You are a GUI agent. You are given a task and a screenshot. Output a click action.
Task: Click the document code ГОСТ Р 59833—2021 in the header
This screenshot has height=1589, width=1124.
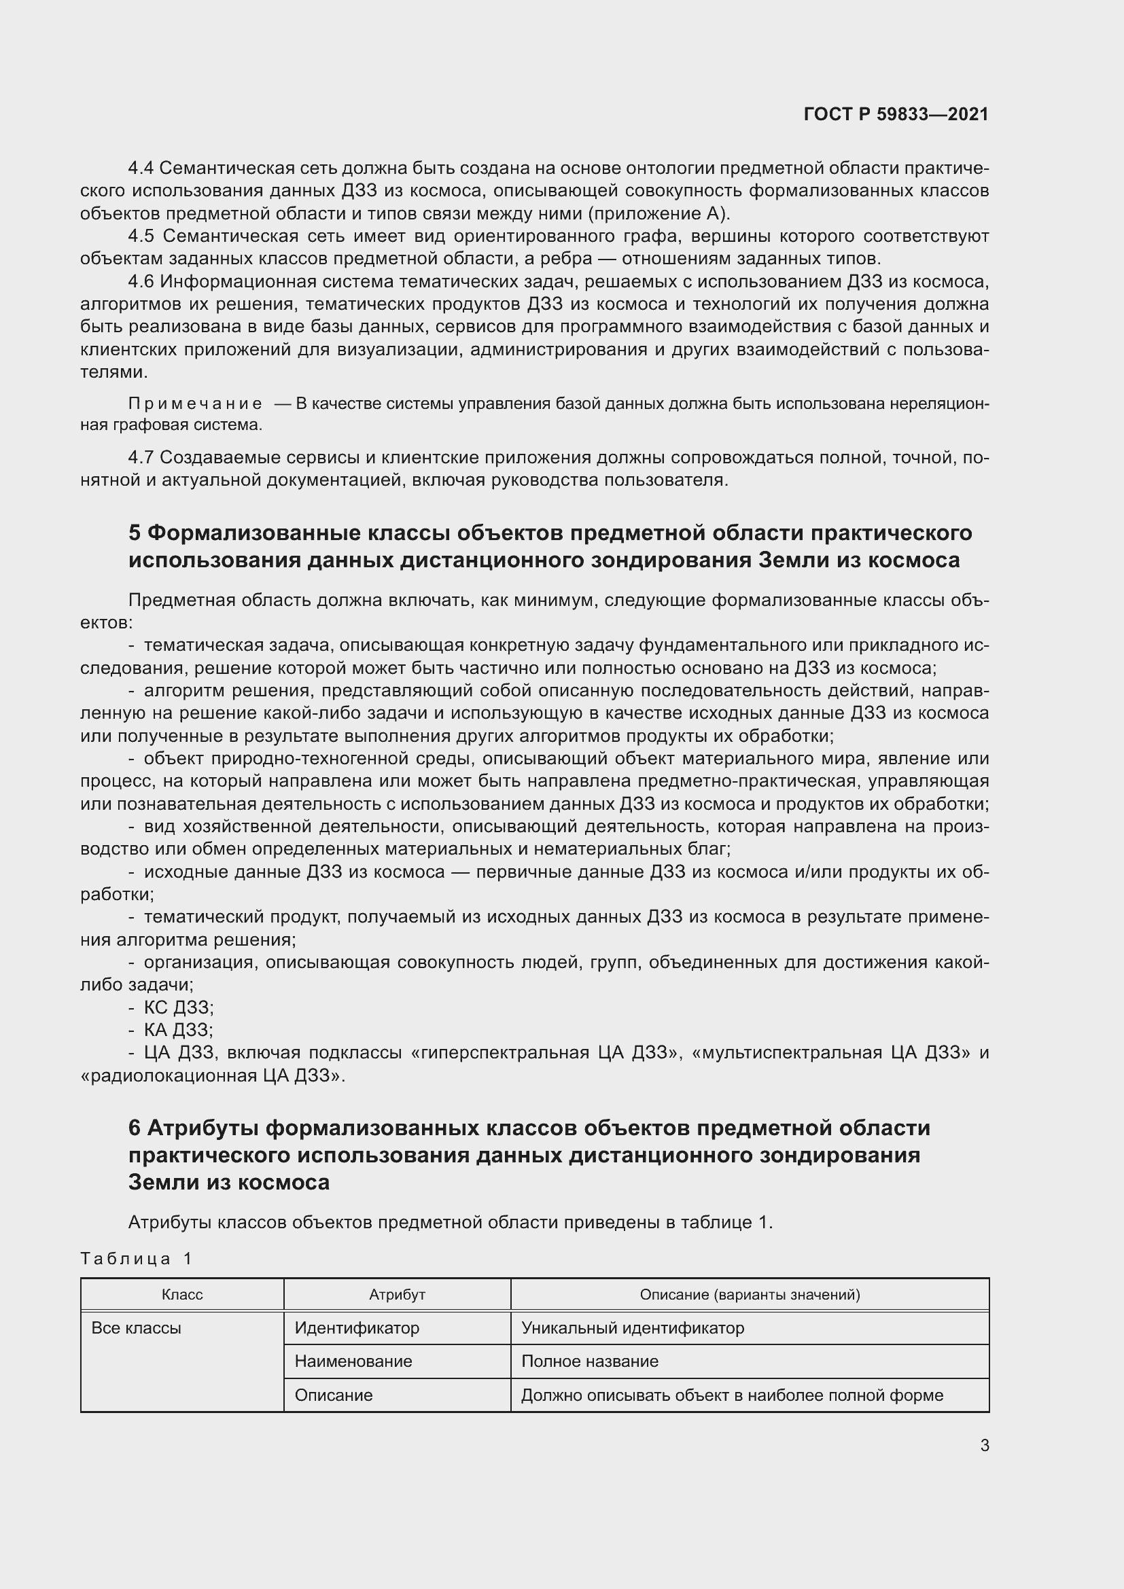click(x=896, y=114)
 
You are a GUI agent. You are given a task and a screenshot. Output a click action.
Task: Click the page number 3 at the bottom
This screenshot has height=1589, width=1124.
click(x=984, y=1446)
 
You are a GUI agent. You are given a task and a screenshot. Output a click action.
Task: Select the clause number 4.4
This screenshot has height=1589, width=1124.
click(x=141, y=168)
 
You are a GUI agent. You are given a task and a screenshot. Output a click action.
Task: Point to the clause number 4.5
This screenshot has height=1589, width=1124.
click(x=141, y=236)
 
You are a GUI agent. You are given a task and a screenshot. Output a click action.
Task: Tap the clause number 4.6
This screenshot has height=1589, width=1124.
click(x=141, y=282)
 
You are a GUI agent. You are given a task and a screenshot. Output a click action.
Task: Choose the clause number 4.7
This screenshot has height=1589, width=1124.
click(x=141, y=457)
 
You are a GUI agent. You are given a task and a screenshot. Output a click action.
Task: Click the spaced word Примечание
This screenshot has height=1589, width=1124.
click(x=195, y=404)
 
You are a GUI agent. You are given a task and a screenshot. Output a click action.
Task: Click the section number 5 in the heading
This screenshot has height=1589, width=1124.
click(x=135, y=533)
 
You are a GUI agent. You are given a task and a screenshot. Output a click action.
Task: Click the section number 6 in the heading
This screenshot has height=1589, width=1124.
click(x=135, y=1129)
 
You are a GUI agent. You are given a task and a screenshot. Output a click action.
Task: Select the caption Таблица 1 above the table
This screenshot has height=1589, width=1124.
click(x=136, y=1258)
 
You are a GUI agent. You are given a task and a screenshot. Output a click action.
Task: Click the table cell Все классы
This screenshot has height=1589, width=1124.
click(x=137, y=1328)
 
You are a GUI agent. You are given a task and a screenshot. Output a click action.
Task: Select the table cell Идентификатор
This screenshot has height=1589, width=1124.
click(x=357, y=1328)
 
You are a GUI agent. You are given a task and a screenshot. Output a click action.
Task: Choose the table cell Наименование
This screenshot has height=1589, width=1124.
click(x=353, y=1361)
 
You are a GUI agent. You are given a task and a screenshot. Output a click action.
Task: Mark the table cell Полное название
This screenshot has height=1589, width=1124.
click(x=590, y=1361)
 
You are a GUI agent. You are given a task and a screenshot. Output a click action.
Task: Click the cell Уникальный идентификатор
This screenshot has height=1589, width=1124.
click(x=633, y=1328)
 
